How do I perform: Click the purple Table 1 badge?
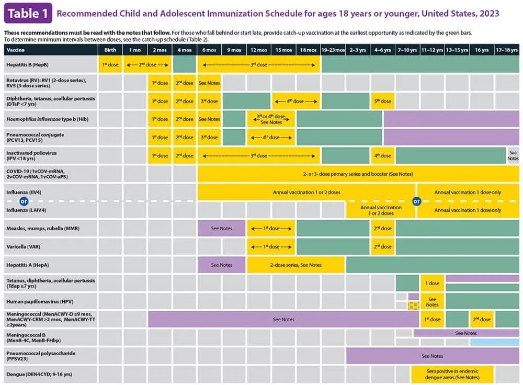click(x=28, y=13)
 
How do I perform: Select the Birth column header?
click(x=110, y=50)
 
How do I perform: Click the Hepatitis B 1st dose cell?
click(x=110, y=65)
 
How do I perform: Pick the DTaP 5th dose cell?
click(x=382, y=101)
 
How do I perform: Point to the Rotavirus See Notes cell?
click(x=210, y=83)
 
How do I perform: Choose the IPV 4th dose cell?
click(x=382, y=155)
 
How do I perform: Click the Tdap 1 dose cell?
click(x=432, y=283)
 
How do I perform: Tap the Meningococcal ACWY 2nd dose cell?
click(x=482, y=319)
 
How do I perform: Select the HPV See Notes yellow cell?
click(x=432, y=301)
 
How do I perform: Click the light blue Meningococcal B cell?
click(x=494, y=342)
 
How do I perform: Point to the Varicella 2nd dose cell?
click(x=382, y=246)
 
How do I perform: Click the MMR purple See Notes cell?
click(x=222, y=228)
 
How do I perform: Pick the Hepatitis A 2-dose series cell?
click(x=295, y=265)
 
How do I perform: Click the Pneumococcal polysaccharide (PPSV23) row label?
click(x=41, y=356)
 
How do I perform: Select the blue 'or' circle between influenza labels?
click(x=23, y=201)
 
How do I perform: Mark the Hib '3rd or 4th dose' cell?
click(x=271, y=119)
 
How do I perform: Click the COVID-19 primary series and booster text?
click(x=358, y=173)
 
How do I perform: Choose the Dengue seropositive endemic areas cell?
click(x=452, y=374)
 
